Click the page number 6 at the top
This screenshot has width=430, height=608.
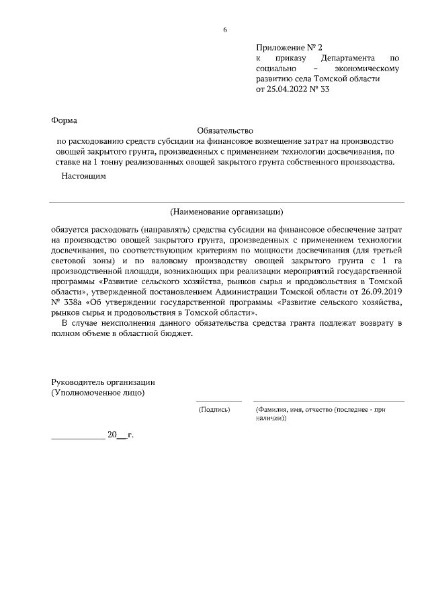click(225, 30)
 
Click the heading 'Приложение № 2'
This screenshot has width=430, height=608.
click(289, 48)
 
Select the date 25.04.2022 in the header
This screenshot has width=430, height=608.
click(290, 88)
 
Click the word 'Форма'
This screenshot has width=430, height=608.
click(64, 121)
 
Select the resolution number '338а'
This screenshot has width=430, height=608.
click(72, 303)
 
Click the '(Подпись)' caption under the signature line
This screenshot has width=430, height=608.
click(214, 409)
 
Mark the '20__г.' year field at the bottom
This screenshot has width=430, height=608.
click(120, 435)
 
